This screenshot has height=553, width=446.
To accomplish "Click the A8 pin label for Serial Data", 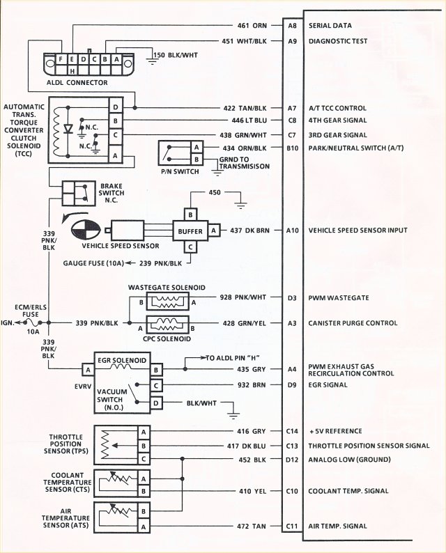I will [292, 25].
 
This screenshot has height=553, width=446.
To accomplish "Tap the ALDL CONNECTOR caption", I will [77, 83].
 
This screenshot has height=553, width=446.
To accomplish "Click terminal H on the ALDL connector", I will [72, 71].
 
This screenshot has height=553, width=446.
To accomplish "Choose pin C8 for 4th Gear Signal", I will [292, 121].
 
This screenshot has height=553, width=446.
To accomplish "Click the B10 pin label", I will [292, 148].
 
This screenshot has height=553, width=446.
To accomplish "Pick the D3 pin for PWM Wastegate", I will [292, 298].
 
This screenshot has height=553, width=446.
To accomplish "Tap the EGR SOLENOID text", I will [123, 360].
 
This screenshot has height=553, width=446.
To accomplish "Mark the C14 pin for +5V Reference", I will [292, 432].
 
